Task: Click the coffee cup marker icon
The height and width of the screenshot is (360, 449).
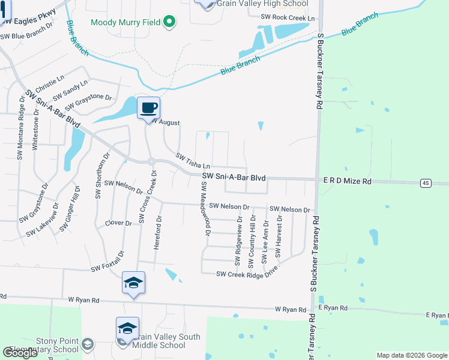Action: pos(148,109)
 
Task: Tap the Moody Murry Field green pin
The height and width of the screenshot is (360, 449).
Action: pos(169,23)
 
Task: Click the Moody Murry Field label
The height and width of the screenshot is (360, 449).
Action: pos(125,23)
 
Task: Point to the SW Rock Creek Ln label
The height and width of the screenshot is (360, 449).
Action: pos(288,17)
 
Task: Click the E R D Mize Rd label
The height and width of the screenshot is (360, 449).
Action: pos(348,181)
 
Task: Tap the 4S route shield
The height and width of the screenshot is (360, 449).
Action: pos(426,182)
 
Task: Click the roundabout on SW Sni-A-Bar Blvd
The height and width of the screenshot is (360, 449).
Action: pos(152,161)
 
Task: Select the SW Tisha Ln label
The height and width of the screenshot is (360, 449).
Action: pos(193,161)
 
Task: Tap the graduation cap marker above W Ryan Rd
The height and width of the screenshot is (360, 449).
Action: pos(133,283)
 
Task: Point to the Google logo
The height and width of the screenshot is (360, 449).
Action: pos(20,353)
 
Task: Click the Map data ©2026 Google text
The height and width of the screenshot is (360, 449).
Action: pos(411,355)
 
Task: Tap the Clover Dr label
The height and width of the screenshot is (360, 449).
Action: pos(118,223)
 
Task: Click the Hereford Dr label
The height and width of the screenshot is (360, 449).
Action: pos(158,234)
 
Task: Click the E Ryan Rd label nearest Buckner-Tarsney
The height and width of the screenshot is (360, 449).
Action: pos(333,308)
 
